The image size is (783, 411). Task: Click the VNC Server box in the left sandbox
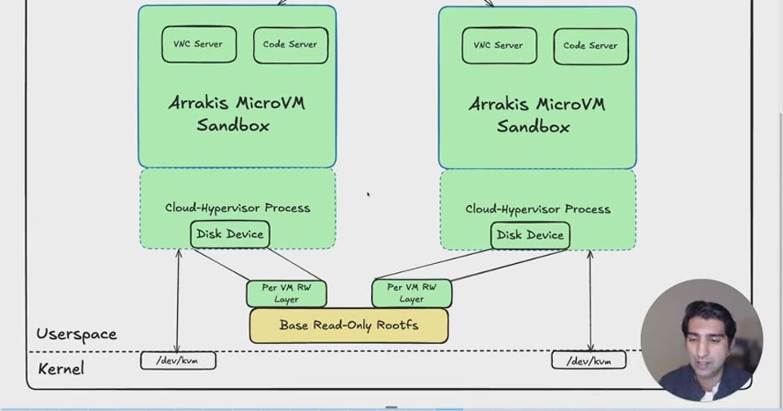coord(199,44)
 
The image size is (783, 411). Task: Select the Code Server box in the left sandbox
coord(290,45)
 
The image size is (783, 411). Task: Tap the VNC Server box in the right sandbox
coord(499,46)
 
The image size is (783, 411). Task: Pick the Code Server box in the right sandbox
coord(591,47)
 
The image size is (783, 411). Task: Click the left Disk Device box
coord(230,234)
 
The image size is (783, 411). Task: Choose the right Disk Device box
coord(530,235)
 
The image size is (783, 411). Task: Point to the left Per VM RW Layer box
coord(286,293)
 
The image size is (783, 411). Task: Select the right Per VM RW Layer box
coord(411,293)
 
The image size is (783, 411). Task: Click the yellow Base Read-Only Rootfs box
coord(348,325)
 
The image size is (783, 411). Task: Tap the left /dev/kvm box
coord(179,360)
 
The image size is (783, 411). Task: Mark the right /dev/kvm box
coord(589,360)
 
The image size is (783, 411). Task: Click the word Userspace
coord(77,334)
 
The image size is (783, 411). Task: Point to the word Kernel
coord(61,369)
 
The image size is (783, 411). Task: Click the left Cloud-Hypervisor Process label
coord(237,208)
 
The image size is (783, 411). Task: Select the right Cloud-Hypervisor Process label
coord(537,209)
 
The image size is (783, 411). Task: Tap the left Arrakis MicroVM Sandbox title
coord(237,114)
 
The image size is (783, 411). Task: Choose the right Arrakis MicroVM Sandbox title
coord(537,115)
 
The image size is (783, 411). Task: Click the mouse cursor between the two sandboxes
coord(369,194)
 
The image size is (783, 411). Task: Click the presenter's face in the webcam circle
coord(703,340)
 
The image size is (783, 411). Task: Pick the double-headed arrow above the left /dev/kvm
coord(178,301)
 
